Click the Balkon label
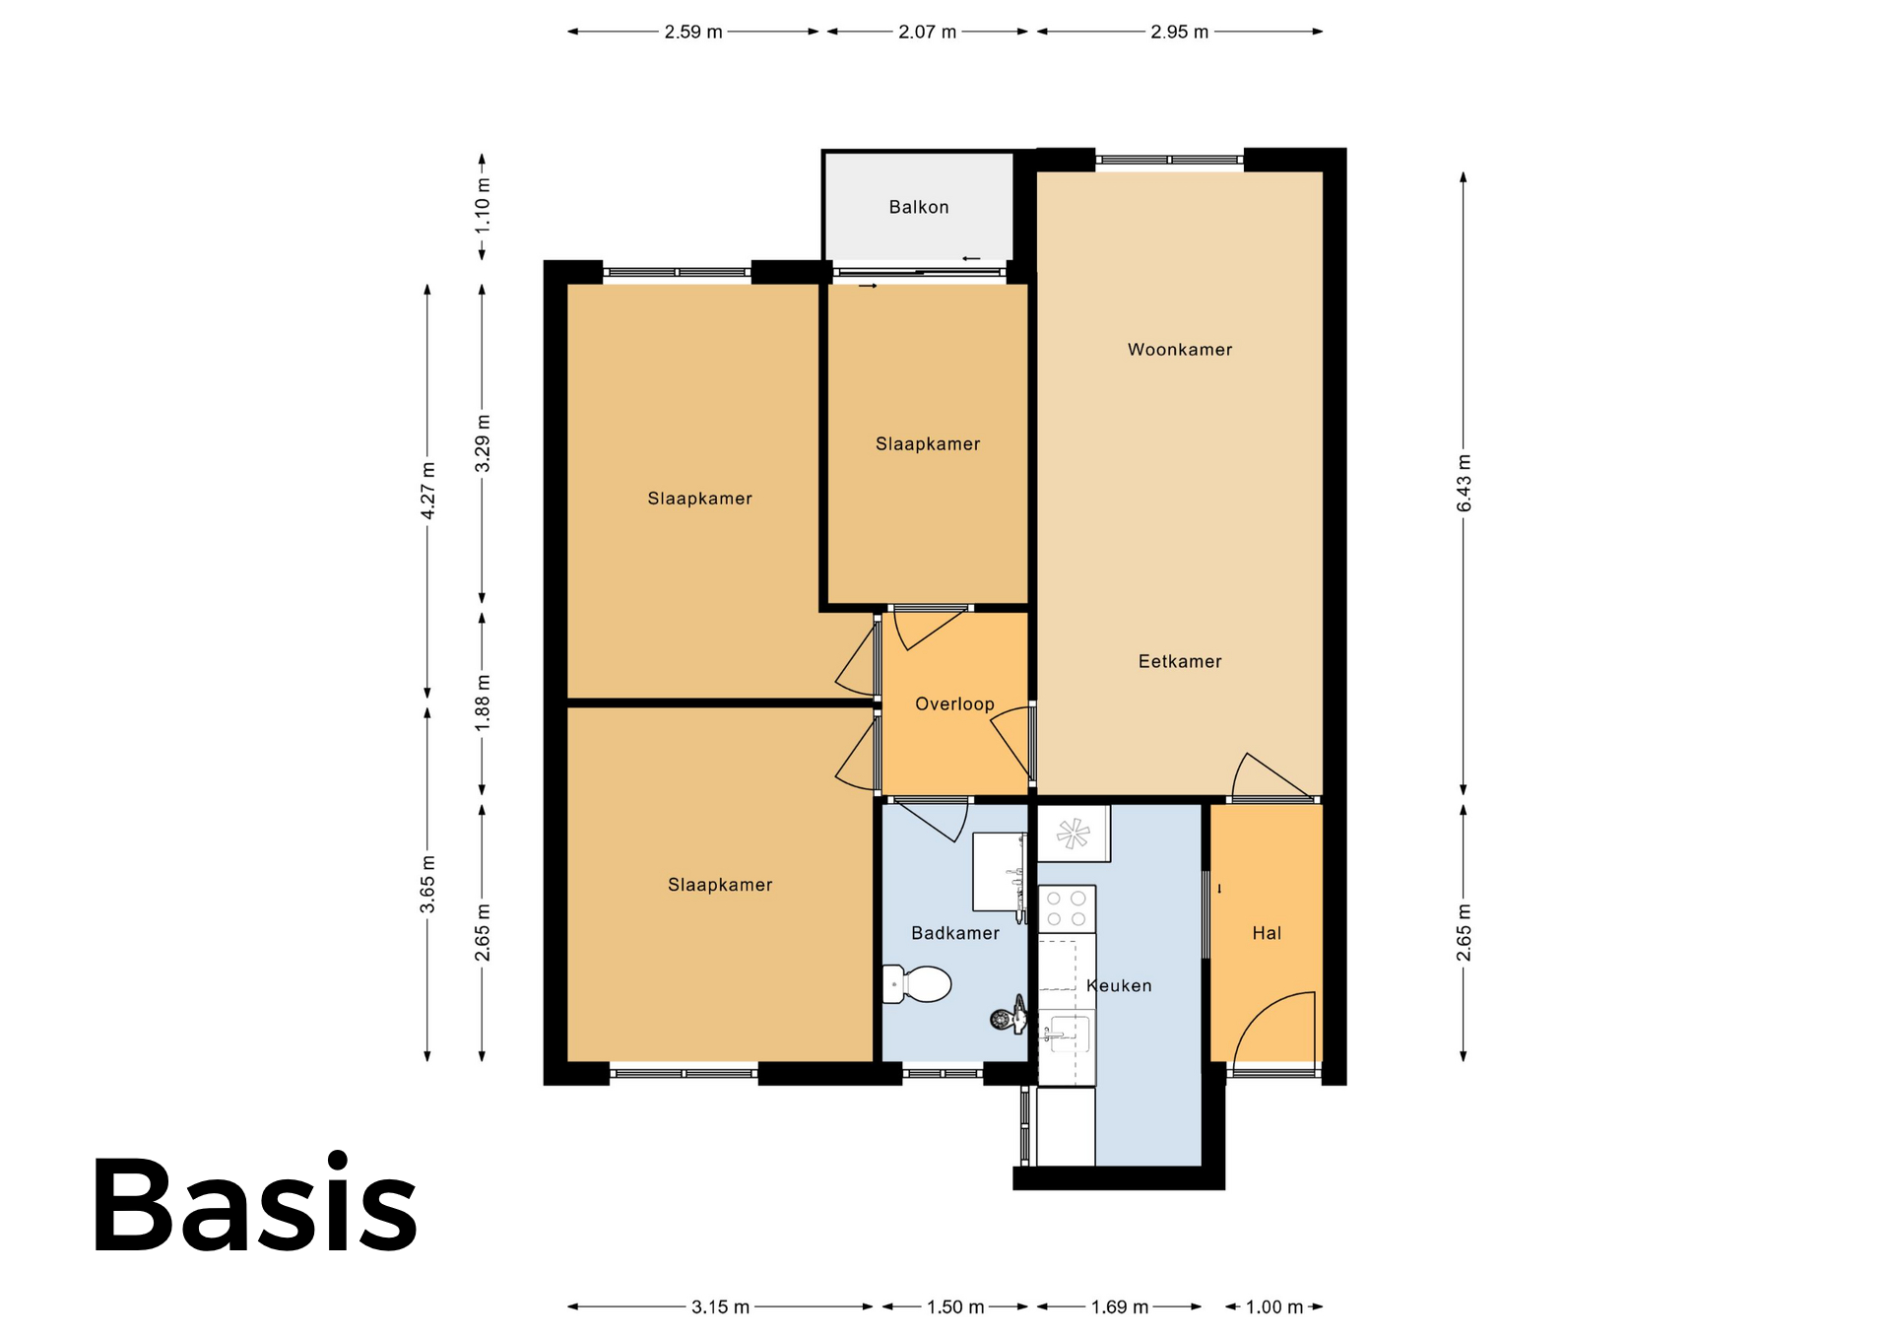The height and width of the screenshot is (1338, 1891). pos(918,207)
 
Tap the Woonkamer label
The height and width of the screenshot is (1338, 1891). pos(1180,350)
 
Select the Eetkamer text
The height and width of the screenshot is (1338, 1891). pos(1180,662)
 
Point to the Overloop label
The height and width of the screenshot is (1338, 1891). pos(954,704)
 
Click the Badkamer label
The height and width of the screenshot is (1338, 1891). pos(955,933)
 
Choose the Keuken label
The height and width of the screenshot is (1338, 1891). pos(1119,985)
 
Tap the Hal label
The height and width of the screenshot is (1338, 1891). pos(1267,933)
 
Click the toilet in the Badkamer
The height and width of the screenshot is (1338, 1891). pos(916,983)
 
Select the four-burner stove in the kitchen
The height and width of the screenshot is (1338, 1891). pos(1067,909)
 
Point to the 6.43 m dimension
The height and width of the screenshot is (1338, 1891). pos(1464,484)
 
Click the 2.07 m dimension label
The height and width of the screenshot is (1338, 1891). pos(927,32)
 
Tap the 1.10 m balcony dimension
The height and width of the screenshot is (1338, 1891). pos(482,207)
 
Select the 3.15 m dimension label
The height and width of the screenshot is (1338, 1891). pos(720,1306)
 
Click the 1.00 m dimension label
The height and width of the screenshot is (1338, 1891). pos(1274,1306)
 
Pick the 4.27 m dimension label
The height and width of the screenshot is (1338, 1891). pos(427,491)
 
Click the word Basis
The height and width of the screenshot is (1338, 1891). pos(255,1203)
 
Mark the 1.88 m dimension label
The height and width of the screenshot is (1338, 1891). pos(482,703)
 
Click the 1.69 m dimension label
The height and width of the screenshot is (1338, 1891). pos(1119,1306)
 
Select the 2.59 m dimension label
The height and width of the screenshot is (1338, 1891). pos(693,32)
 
